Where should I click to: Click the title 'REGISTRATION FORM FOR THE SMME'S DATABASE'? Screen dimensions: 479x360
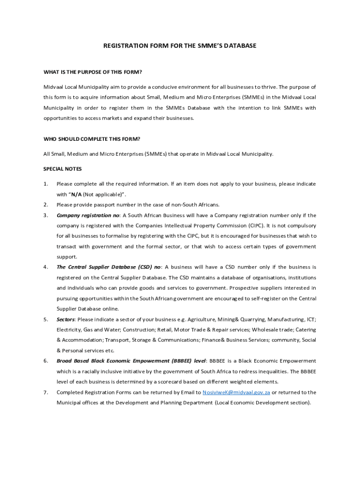tap(180, 46)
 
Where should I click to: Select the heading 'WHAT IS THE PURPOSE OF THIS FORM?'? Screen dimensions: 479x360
tap(93, 72)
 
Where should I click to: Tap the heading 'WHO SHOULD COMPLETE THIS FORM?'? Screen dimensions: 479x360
tap(92, 139)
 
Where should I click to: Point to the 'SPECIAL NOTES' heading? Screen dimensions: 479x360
tap(63, 169)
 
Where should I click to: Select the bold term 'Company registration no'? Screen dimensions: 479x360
tap(88, 216)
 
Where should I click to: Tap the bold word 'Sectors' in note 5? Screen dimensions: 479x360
tap(65, 319)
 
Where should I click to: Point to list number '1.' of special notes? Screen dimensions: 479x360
tap(46, 184)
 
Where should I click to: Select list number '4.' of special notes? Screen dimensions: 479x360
tap(46, 267)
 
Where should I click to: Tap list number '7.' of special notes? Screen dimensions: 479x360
tap(46, 392)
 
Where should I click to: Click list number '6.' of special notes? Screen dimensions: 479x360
tap(46, 361)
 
